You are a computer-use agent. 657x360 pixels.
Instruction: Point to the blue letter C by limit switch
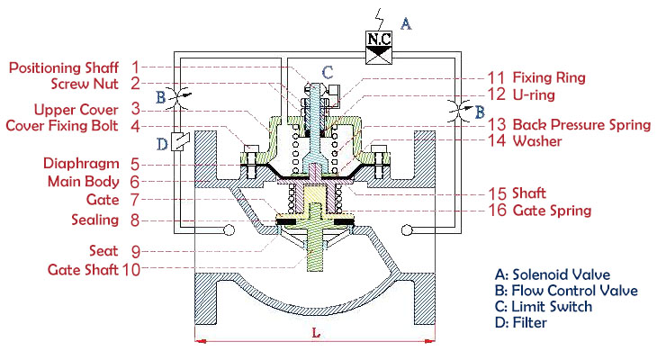pyautogui.click(x=328, y=71)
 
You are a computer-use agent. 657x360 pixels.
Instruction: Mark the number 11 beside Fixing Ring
pyautogui.click(x=497, y=77)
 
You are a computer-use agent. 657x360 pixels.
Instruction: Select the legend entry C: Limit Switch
pyautogui.click(x=544, y=307)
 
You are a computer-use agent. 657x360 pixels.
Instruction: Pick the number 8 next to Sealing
pyautogui.click(x=133, y=219)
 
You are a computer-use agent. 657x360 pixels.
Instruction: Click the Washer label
pyautogui.click(x=537, y=141)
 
